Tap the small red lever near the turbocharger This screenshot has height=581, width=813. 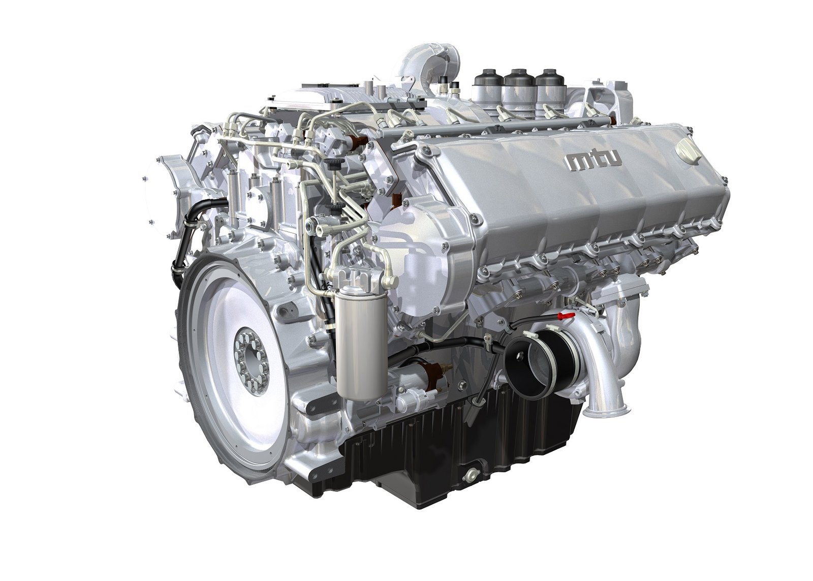point(565,317)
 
